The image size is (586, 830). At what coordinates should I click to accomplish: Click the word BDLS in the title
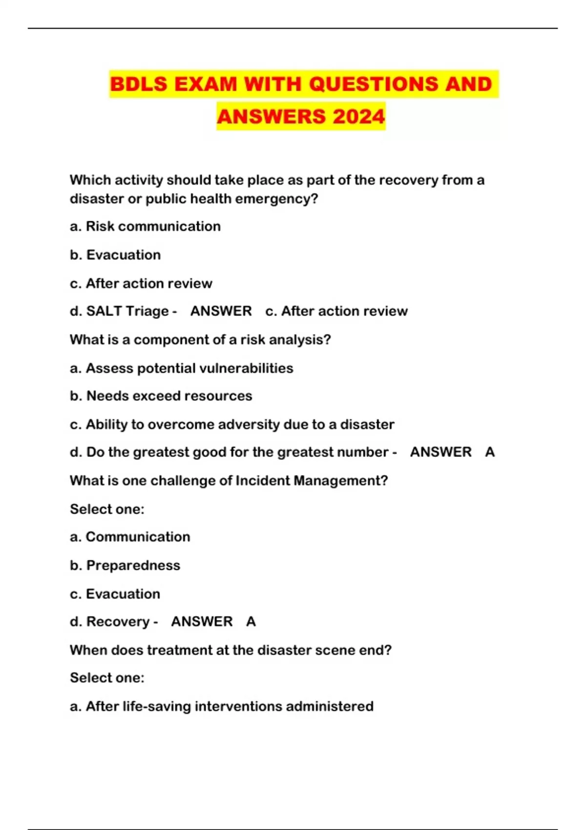(x=139, y=84)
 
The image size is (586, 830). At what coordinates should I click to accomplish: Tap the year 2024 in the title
(x=359, y=117)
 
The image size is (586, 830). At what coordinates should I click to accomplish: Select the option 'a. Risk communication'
(x=145, y=227)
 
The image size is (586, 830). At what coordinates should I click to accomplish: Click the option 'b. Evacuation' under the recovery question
(x=115, y=255)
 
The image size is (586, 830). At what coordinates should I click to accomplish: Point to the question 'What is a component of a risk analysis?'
(x=200, y=340)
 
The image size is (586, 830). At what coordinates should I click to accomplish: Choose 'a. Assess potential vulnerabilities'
(x=181, y=368)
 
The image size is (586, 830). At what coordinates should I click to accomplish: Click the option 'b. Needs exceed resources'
(x=161, y=396)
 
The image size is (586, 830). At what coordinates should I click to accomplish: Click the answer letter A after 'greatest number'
(x=490, y=452)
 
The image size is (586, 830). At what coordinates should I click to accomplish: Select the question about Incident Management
(x=229, y=481)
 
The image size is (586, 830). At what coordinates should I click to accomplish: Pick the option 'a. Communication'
(x=130, y=537)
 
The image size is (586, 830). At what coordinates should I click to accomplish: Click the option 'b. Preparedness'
(x=125, y=565)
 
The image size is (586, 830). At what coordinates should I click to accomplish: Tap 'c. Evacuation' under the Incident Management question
(x=115, y=594)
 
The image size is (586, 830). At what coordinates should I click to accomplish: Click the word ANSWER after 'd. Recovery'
(x=202, y=622)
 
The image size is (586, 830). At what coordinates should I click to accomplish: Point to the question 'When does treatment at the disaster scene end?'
(x=230, y=650)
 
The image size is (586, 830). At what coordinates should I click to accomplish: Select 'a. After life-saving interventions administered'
(x=222, y=706)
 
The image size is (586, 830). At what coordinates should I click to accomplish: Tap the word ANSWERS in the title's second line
(x=271, y=117)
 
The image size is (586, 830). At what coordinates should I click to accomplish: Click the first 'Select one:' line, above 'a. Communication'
(x=107, y=509)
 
